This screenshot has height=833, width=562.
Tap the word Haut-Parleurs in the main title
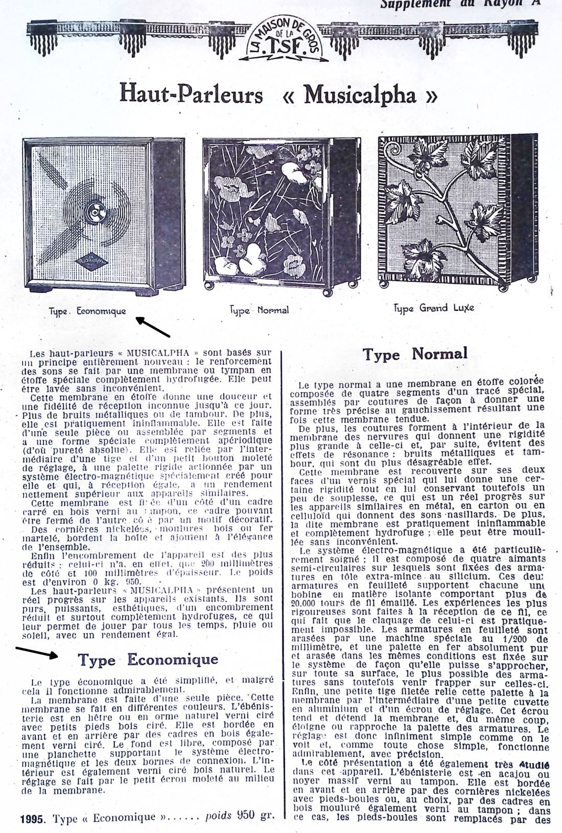click(x=192, y=96)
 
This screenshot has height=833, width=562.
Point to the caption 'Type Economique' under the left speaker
click(x=87, y=311)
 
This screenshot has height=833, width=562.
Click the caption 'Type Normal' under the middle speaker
click(x=259, y=310)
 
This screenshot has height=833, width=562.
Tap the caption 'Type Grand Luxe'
click(x=434, y=308)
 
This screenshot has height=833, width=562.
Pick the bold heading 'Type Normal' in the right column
click(x=415, y=354)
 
